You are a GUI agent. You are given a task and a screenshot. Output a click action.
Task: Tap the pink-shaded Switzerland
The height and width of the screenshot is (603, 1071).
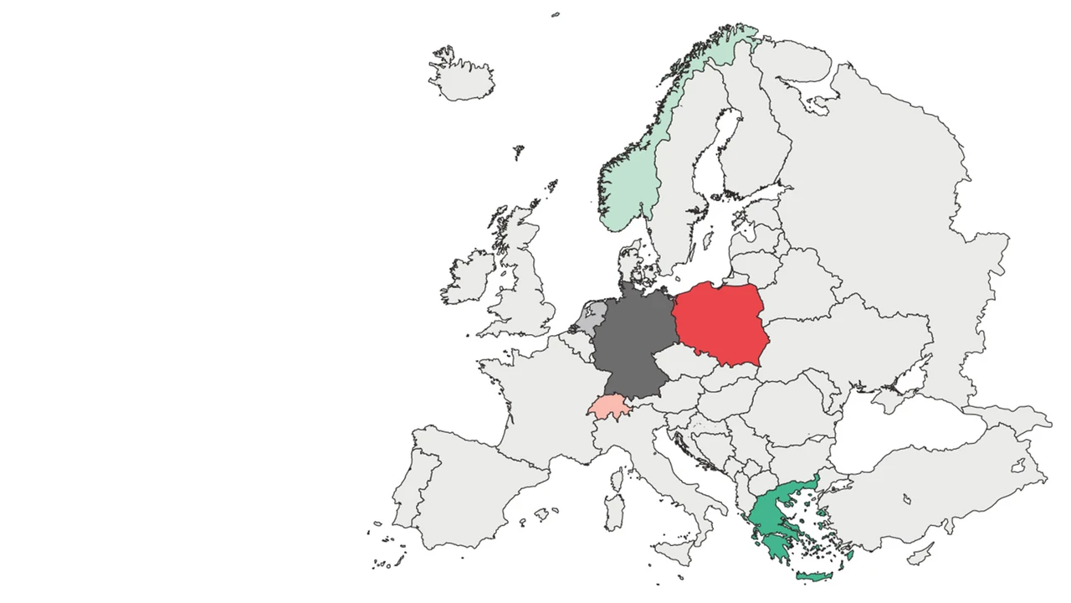[x=608, y=407]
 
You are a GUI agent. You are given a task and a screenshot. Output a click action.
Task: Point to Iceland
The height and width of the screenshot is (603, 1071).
[x=462, y=79]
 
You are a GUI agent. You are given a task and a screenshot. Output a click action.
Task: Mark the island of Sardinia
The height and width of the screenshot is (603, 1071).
[x=614, y=510]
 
